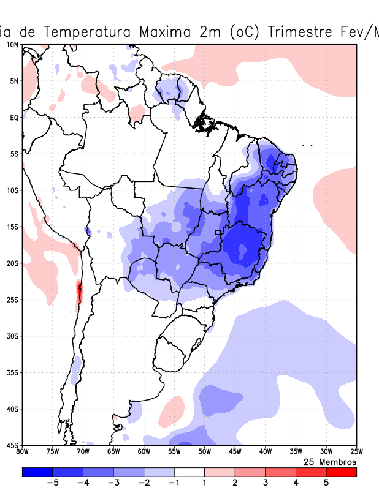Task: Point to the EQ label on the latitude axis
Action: point(13,118)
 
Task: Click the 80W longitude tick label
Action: point(22,453)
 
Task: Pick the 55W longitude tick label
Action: point(174,453)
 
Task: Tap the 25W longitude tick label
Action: point(356,453)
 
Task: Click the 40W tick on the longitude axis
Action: point(266,453)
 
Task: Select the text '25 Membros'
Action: point(330,461)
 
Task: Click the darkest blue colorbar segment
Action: point(37,472)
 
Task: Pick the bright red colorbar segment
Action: point(341,472)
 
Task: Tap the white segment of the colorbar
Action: point(189,472)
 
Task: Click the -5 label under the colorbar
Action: point(52,483)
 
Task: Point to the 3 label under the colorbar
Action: point(266,483)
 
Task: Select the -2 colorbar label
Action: point(144,483)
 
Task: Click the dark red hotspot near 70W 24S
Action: point(79,290)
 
